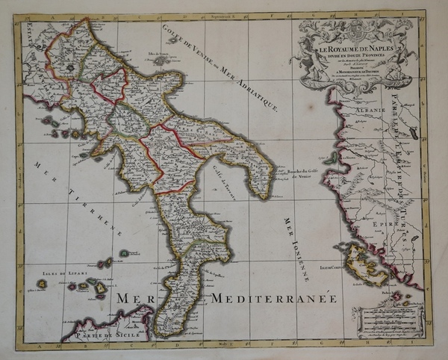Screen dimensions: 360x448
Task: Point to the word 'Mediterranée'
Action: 273,299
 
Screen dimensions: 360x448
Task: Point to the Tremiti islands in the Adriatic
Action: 158,60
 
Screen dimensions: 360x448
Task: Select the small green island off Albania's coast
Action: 329,158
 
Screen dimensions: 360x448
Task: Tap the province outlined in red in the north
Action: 109,86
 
